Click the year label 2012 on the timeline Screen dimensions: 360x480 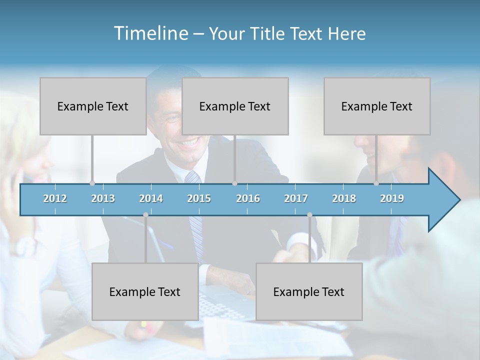[x=55, y=199]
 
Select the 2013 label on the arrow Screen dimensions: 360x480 [x=103, y=199]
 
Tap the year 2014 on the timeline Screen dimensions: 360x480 [x=151, y=199]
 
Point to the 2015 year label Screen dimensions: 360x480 [x=199, y=199]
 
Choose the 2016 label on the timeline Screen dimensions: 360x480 [x=248, y=199]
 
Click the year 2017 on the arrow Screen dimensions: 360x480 [x=296, y=199]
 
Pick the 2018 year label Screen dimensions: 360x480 [x=344, y=199]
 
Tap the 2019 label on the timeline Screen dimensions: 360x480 [x=392, y=199]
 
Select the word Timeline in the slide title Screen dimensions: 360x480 [x=150, y=33]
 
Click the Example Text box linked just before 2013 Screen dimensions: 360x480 [x=93, y=106]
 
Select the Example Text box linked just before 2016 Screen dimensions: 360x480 [x=235, y=106]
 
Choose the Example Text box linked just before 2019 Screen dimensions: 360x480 [x=377, y=106]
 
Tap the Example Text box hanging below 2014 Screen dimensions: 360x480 [x=145, y=291]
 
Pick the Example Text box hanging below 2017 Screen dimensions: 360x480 [x=309, y=291]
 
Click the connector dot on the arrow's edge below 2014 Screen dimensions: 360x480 [x=145, y=215]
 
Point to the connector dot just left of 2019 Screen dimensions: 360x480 [x=376, y=183]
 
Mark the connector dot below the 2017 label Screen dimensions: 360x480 [x=309, y=215]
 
